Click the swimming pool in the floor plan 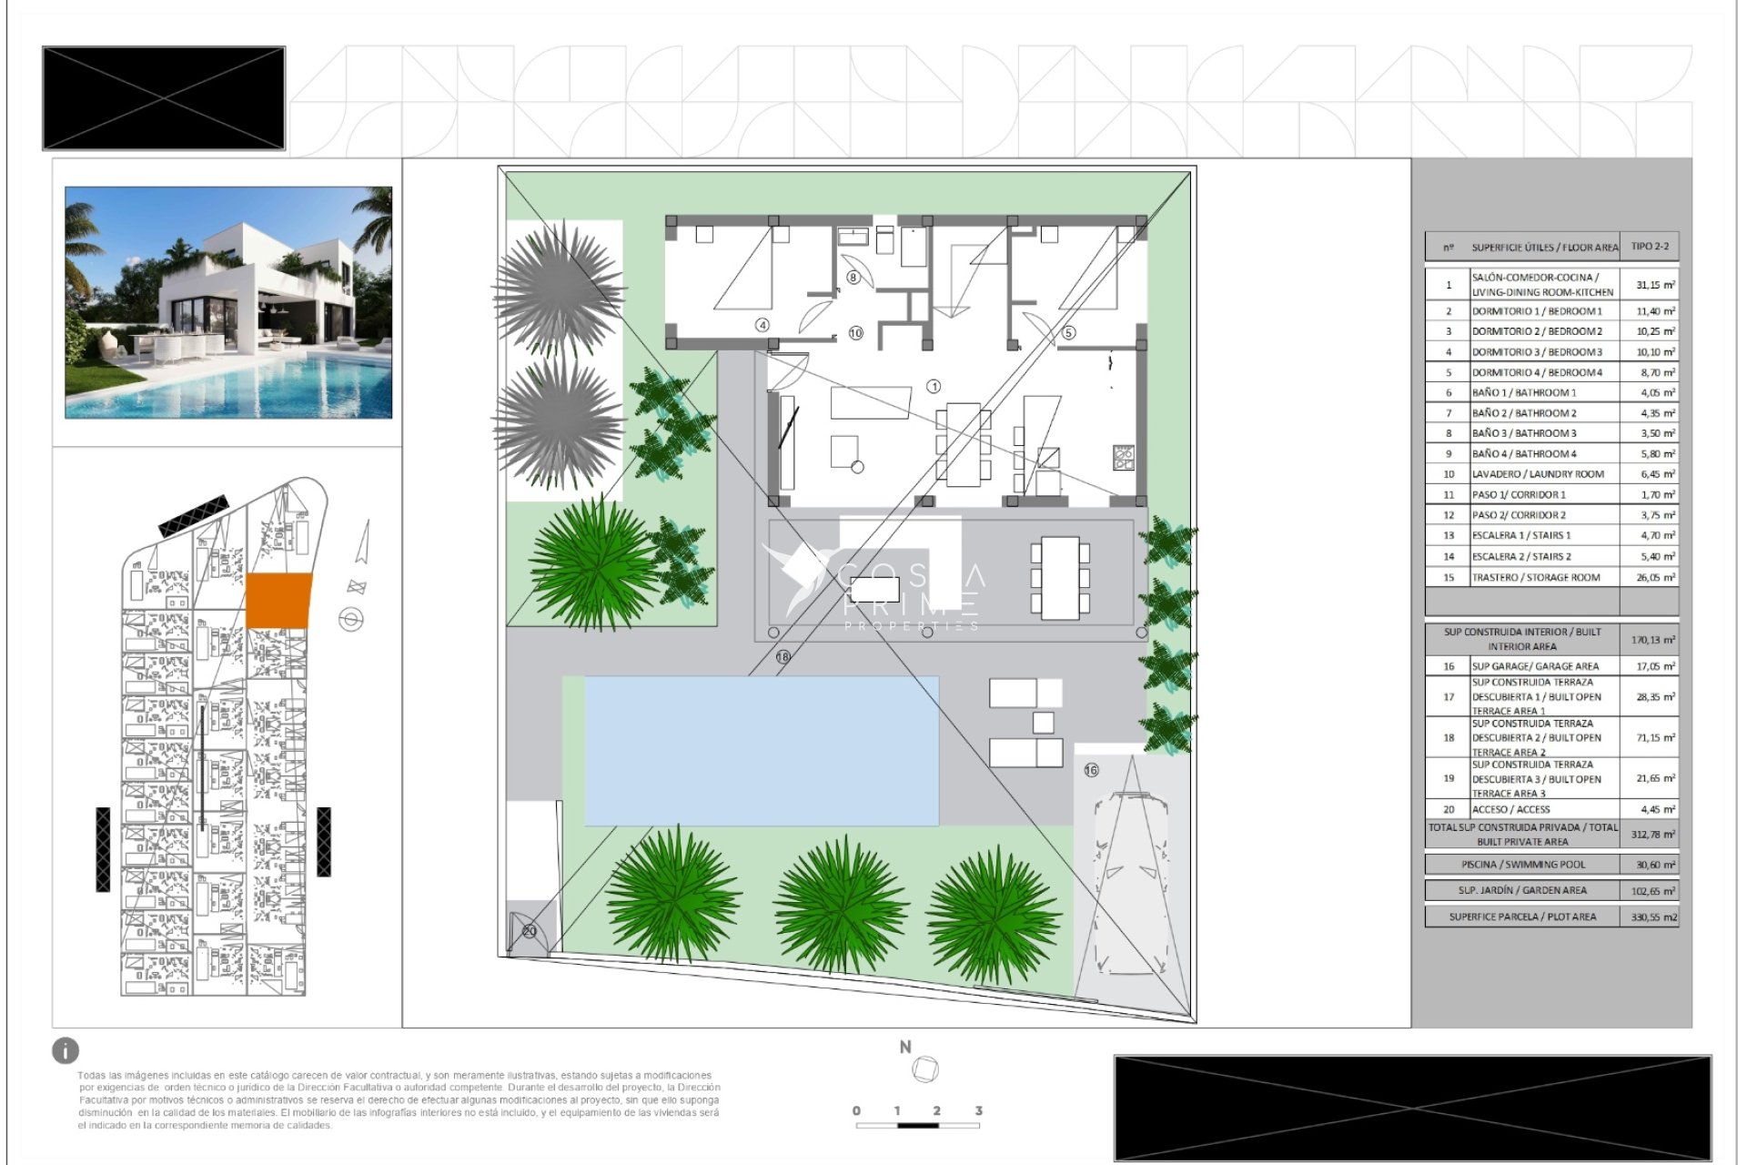pos(761,750)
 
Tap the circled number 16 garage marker pos(1091,770)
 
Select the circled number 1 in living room pos(934,387)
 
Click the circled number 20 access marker pos(530,931)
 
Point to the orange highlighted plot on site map pos(278,601)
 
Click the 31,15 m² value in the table pos(1654,285)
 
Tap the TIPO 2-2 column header pos(1650,247)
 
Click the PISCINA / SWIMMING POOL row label pos(1522,865)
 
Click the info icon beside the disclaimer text pos(66,1051)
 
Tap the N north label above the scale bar pos(905,1048)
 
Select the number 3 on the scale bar pos(978,1110)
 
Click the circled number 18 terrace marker pos(783,656)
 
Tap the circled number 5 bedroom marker pos(1069,333)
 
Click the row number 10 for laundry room pos(1449,474)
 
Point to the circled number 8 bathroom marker pos(853,277)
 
